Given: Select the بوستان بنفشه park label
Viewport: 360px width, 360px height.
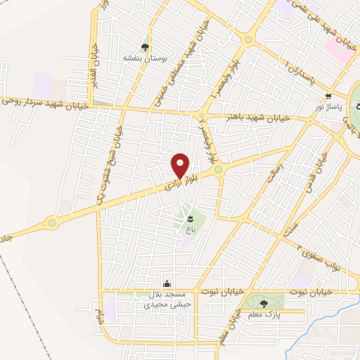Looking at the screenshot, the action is pyautogui.click(x=144, y=59).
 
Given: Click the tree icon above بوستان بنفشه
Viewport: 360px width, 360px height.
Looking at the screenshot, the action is pyautogui.click(x=145, y=48).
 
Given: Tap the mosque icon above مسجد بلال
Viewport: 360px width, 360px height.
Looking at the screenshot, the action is pyautogui.click(x=167, y=282).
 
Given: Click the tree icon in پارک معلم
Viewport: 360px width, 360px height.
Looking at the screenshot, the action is pyautogui.click(x=264, y=303).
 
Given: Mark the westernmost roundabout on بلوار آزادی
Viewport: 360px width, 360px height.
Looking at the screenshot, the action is pyautogui.click(x=51, y=223).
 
